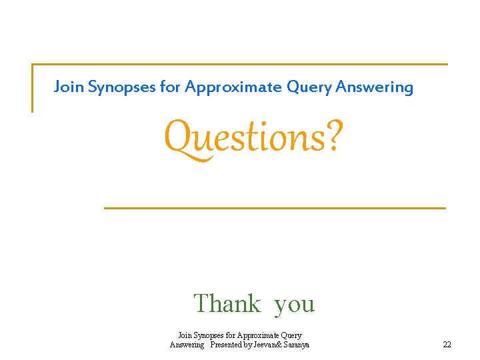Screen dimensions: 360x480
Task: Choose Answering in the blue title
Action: tap(374, 87)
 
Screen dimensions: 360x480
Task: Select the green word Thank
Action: tap(227, 304)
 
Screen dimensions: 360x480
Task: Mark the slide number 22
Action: tap(447, 345)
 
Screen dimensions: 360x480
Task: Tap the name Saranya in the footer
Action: tap(295, 345)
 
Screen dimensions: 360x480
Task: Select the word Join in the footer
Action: tap(185, 335)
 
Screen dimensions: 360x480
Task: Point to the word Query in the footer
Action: tap(291, 335)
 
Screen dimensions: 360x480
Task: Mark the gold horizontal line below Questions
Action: tap(275, 209)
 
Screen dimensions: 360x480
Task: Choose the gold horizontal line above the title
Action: tap(240, 64)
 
